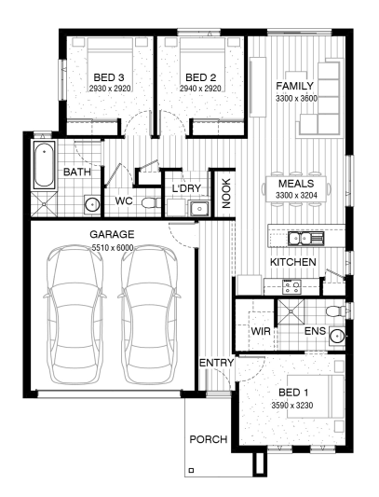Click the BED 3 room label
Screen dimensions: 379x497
[109, 77]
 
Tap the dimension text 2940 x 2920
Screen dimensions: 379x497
[200, 89]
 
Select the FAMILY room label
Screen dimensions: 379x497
[294, 86]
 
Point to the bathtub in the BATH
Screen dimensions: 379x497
[44, 164]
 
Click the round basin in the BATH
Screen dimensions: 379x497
[92, 204]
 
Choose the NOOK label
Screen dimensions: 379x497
[226, 193]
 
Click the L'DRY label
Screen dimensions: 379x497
[186, 188]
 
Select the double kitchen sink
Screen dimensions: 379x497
[305, 238]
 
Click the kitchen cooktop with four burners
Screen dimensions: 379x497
[291, 287]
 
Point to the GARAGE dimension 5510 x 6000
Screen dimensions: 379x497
[113, 247]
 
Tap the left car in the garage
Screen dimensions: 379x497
[75, 315]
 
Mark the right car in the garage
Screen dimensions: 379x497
[149, 315]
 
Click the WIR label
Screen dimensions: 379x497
[261, 331]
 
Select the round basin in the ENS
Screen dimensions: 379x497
[337, 336]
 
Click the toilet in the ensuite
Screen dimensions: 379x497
[335, 311]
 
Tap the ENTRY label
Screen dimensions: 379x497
[216, 363]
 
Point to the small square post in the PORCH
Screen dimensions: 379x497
[191, 470]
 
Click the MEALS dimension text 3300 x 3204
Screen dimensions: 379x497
[296, 196]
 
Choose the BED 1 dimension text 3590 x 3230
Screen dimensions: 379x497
[291, 405]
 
